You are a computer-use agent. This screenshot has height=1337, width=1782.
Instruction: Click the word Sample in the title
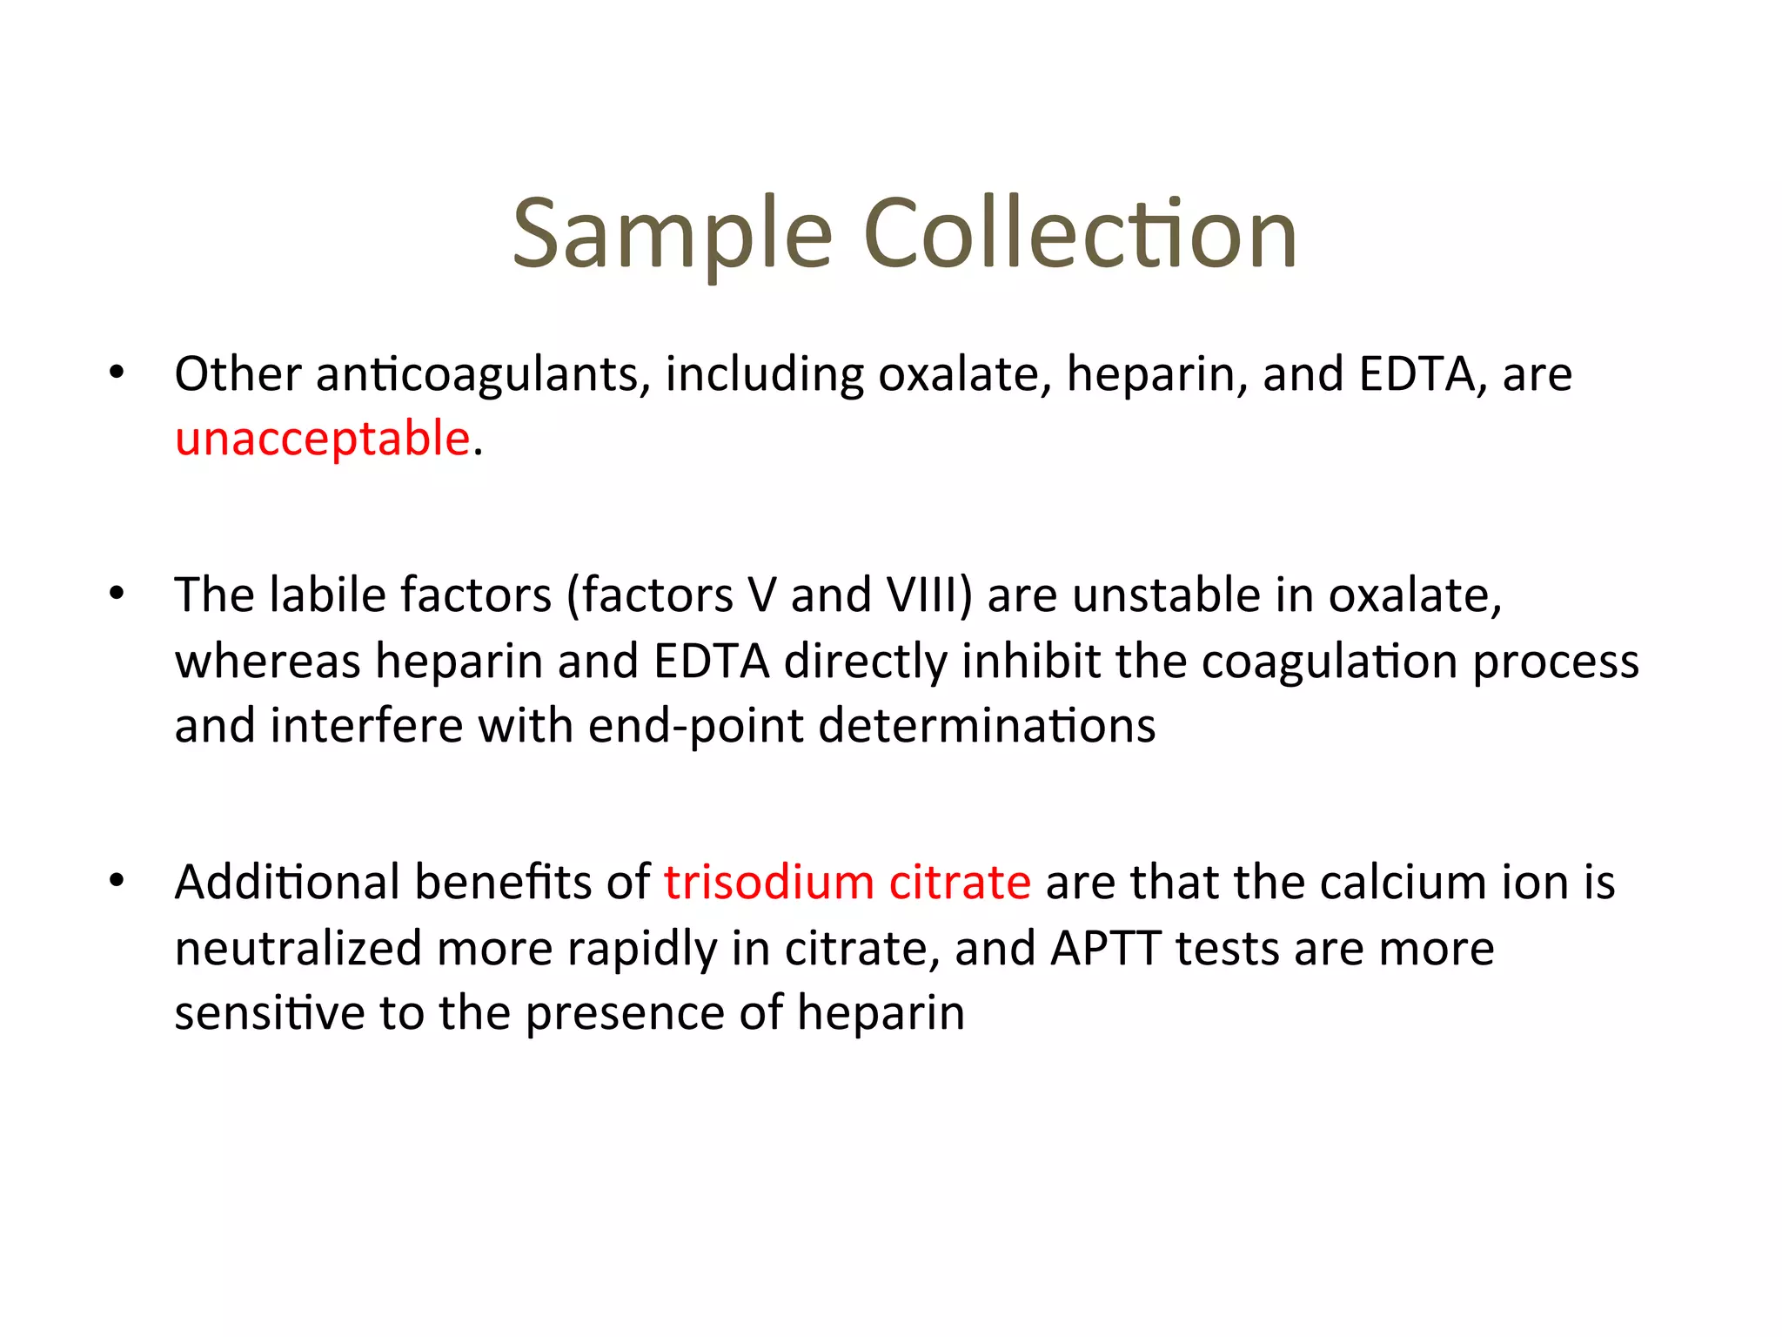[x=672, y=234]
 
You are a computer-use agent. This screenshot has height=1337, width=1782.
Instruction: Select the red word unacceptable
[x=323, y=438]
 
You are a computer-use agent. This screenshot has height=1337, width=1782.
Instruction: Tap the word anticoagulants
[x=483, y=374]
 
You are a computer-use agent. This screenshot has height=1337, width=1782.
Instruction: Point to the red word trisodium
[x=768, y=882]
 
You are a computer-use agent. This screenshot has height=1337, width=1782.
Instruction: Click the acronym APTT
[x=1106, y=948]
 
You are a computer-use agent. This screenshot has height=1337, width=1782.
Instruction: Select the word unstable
[x=1167, y=595]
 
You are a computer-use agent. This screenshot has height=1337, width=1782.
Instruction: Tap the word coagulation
[x=1330, y=662]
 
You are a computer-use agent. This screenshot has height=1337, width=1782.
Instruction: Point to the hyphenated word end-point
[x=696, y=726]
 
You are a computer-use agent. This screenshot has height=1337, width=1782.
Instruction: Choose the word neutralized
[x=298, y=948]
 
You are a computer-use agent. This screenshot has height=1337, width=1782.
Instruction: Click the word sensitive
[x=269, y=1013]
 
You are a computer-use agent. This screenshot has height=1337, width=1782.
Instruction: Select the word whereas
[x=267, y=662]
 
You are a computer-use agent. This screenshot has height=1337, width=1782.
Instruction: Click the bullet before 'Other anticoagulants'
[x=117, y=373]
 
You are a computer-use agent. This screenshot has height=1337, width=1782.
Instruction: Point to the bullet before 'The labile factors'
[x=117, y=595]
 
